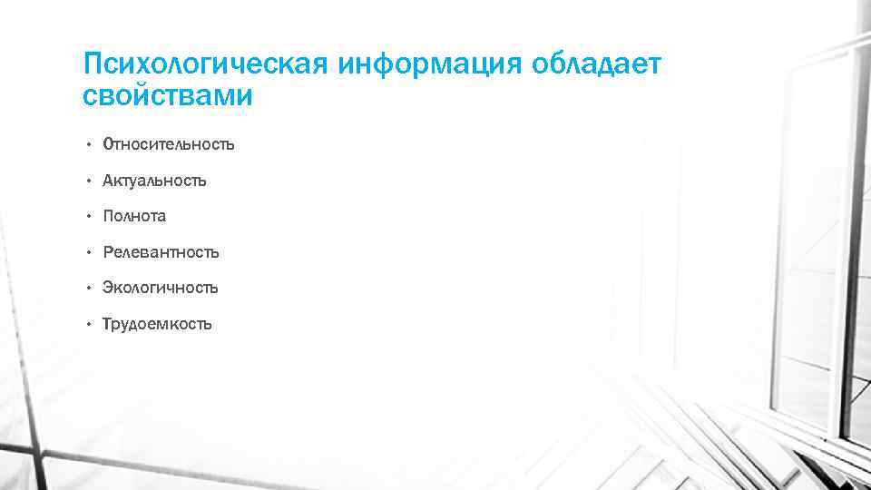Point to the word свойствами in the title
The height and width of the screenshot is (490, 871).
167,95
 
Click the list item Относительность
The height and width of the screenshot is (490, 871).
169,144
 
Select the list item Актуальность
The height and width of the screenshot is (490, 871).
154,181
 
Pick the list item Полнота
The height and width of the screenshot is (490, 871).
134,216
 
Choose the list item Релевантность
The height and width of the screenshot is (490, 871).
161,252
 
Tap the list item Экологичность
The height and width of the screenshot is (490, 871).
161,288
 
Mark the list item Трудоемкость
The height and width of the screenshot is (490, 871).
157,324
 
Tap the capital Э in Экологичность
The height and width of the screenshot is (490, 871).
108,288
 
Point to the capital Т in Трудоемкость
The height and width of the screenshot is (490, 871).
108,324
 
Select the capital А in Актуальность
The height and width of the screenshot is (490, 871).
108,181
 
